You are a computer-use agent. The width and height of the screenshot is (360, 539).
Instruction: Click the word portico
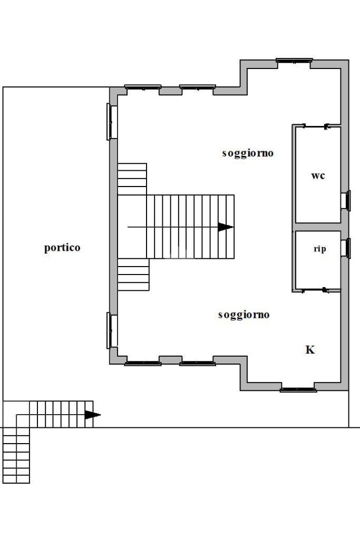pos(62,248)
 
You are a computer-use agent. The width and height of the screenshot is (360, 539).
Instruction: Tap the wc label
pos(318,175)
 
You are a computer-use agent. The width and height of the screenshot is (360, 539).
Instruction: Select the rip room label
pos(320,249)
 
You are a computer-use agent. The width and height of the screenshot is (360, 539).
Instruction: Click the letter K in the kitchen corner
pos(310,350)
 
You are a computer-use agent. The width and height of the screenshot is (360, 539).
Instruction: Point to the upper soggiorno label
pos(248,153)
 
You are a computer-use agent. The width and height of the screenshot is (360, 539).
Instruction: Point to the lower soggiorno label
pos(244,315)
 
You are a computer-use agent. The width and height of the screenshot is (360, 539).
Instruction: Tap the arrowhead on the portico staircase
pos(92,415)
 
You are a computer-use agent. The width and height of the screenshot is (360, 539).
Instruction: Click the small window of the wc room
pos(346,200)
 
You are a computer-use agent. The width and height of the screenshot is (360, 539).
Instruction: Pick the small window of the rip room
pos(346,248)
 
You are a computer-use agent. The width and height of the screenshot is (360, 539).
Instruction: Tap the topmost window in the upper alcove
pos(294,61)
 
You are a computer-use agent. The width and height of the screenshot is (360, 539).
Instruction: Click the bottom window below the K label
pos(298,390)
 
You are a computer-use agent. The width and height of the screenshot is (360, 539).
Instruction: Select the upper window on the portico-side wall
pos(112,122)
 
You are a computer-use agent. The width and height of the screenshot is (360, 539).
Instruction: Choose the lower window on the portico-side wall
pos(112,330)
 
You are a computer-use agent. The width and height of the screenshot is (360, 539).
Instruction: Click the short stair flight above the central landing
pos(132,179)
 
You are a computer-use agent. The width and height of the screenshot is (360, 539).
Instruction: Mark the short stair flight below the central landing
pos(133,275)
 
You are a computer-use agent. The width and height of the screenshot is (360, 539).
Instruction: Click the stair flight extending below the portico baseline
pos(16,455)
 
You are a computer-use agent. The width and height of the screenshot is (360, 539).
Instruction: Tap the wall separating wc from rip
pos(318,227)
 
